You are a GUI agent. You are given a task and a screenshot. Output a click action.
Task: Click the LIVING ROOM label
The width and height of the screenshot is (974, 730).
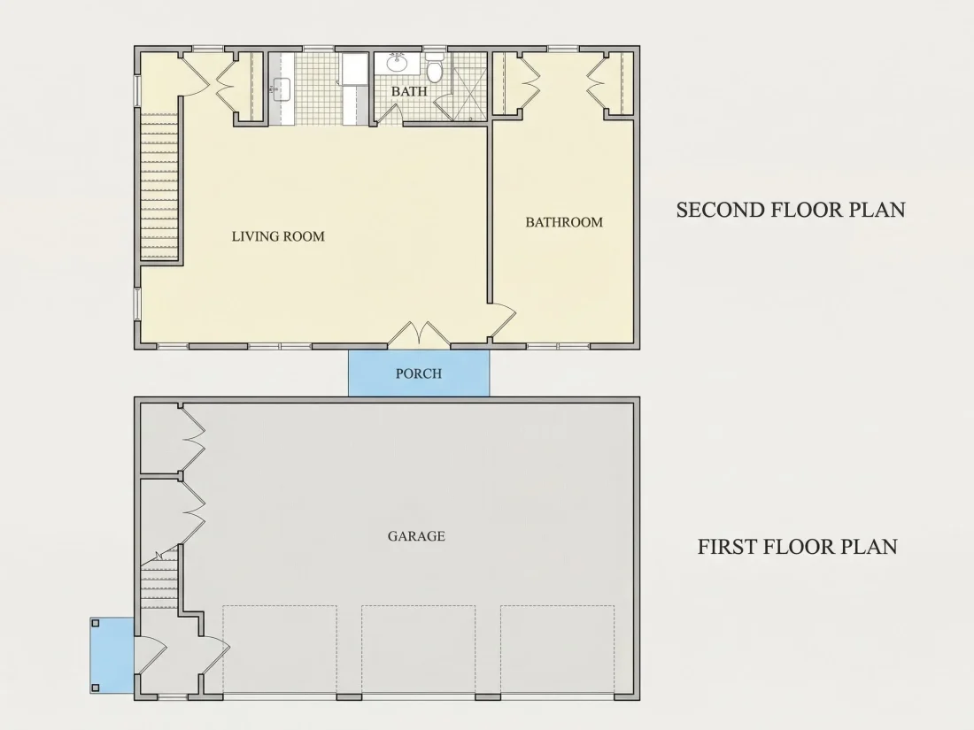point(278,236)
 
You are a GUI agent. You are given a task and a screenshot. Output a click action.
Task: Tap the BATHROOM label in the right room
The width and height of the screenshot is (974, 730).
point(564,222)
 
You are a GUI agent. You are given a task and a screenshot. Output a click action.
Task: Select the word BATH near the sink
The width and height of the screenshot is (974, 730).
point(409,91)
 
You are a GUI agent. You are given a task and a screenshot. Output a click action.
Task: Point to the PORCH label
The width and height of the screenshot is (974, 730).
point(419,373)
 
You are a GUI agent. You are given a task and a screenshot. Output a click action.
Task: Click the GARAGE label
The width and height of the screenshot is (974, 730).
point(416,536)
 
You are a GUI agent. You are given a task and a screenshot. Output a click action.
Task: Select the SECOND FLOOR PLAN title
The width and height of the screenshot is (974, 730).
point(791,210)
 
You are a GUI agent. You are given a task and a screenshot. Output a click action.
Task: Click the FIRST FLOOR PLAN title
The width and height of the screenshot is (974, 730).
point(798,547)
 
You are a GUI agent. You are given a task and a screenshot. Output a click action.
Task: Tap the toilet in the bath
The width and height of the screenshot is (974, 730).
point(434,67)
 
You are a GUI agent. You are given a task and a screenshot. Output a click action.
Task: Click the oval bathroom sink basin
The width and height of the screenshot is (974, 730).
point(397,62)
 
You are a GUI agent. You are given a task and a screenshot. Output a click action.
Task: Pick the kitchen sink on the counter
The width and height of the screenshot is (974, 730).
point(282,89)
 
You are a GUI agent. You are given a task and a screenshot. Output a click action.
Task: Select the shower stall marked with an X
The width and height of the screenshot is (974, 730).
point(469,92)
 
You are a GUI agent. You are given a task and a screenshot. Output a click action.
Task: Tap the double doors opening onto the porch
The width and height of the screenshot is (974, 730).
point(420,333)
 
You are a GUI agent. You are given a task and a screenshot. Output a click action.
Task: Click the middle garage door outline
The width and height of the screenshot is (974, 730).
point(418,649)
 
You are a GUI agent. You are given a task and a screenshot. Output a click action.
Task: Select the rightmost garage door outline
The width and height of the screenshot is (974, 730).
point(557,649)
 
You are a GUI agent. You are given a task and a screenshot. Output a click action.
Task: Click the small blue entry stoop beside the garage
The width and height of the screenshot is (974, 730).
point(112,656)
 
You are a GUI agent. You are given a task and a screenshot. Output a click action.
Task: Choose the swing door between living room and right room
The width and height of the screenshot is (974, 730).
point(503,321)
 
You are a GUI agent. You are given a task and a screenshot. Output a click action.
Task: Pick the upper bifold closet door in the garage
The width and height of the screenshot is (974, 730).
point(192,440)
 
